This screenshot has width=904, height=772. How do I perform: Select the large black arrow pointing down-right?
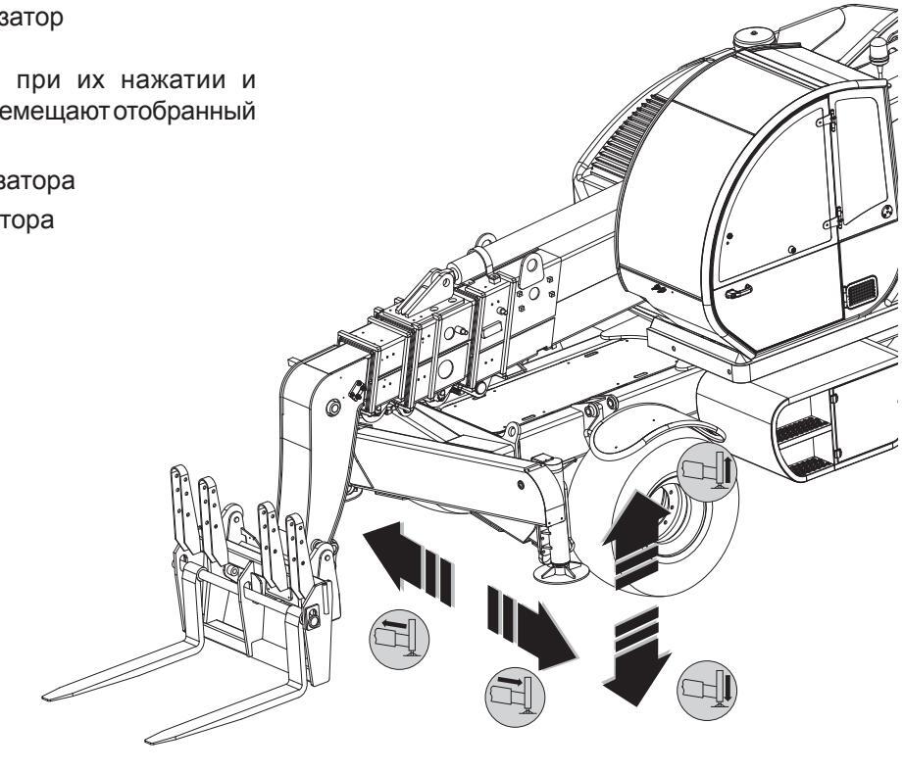[x=535, y=632]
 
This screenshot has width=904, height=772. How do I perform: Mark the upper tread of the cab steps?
[x=803, y=427]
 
